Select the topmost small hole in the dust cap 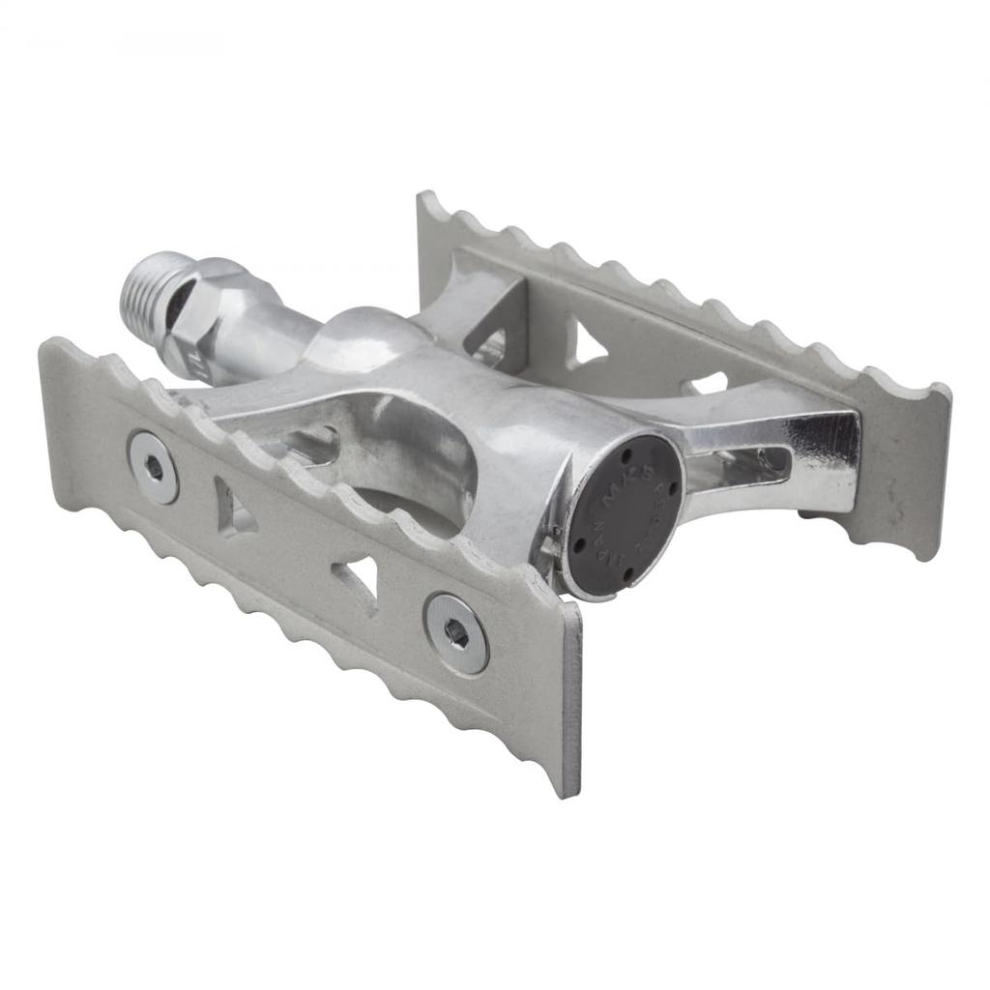(626, 450)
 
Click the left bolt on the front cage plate (154, 466)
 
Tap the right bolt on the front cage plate (456, 633)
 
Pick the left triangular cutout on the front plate (233, 508)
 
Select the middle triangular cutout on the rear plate (584, 344)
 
